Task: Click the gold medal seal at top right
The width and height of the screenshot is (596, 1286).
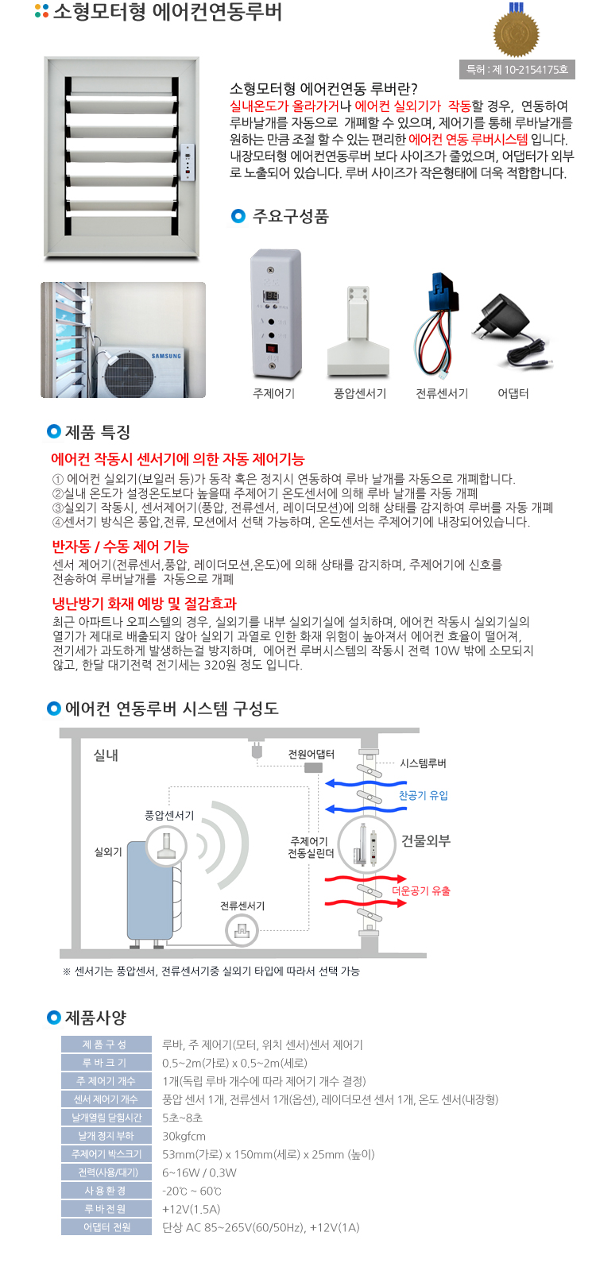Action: (517, 32)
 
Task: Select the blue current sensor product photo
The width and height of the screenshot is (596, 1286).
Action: (439, 324)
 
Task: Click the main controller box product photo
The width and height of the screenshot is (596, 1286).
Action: (276, 314)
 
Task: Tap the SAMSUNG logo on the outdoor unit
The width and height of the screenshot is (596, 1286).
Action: (166, 356)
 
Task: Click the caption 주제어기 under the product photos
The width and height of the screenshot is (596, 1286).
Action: (274, 393)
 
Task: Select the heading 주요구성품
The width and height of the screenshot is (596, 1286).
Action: (291, 216)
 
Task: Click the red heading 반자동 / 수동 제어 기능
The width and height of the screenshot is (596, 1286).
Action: (121, 546)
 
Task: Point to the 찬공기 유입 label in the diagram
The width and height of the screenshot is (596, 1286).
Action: (424, 795)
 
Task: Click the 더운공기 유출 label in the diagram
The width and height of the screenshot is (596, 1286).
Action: (421, 890)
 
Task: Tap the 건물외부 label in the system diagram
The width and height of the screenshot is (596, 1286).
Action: (426, 840)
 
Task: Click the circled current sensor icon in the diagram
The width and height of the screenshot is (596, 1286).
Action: (242, 931)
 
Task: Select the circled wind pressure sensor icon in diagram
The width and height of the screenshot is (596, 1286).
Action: (167, 846)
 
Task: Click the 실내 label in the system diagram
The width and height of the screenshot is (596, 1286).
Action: (106, 755)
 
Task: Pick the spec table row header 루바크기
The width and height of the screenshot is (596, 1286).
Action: (106, 1063)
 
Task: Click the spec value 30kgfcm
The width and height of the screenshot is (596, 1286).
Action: (184, 1136)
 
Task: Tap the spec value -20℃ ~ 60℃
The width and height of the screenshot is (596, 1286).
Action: (192, 1191)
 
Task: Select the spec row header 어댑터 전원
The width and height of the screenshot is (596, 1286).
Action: (106, 1227)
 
